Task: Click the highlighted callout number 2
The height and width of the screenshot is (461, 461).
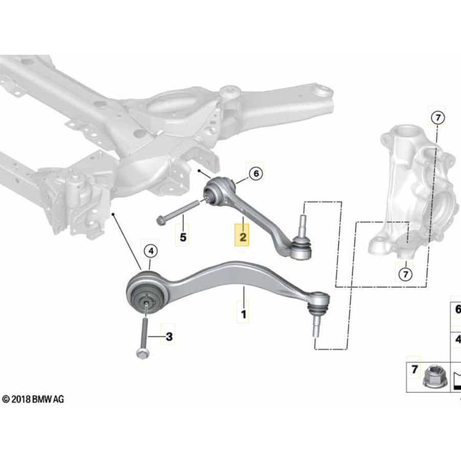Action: point(242,238)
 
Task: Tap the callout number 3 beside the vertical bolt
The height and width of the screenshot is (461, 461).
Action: point(169,336)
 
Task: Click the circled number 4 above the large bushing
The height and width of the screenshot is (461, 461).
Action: point(151,251)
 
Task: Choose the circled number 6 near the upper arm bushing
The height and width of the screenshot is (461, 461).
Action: point(256,174)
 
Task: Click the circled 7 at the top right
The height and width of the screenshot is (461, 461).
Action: point(437,118)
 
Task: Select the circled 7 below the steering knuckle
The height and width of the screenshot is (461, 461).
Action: point(405,275)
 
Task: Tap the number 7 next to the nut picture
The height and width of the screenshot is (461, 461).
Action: point(414,368)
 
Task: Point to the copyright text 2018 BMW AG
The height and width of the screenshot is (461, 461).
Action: point(33,399)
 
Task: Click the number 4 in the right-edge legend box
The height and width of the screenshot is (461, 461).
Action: point(457,339)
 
